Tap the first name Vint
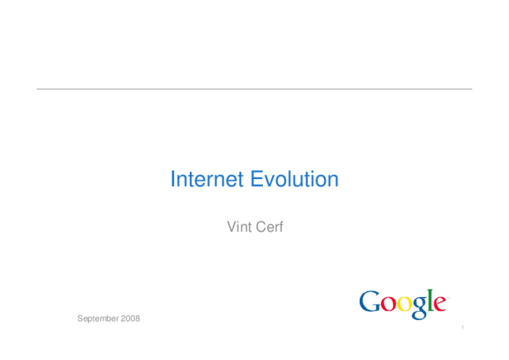coord(240,227)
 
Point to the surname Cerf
coord(269,227)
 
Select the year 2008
coord(130,318)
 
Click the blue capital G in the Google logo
coord(369,301)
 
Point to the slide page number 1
coord(464,327)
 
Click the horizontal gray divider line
coord(255,88)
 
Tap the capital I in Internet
coord(173,180)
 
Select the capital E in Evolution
coord(255,180)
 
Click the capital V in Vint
coord(232,227)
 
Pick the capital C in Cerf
coord(258,227)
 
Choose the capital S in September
coord(80,318)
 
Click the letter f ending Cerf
coord(279,227)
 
